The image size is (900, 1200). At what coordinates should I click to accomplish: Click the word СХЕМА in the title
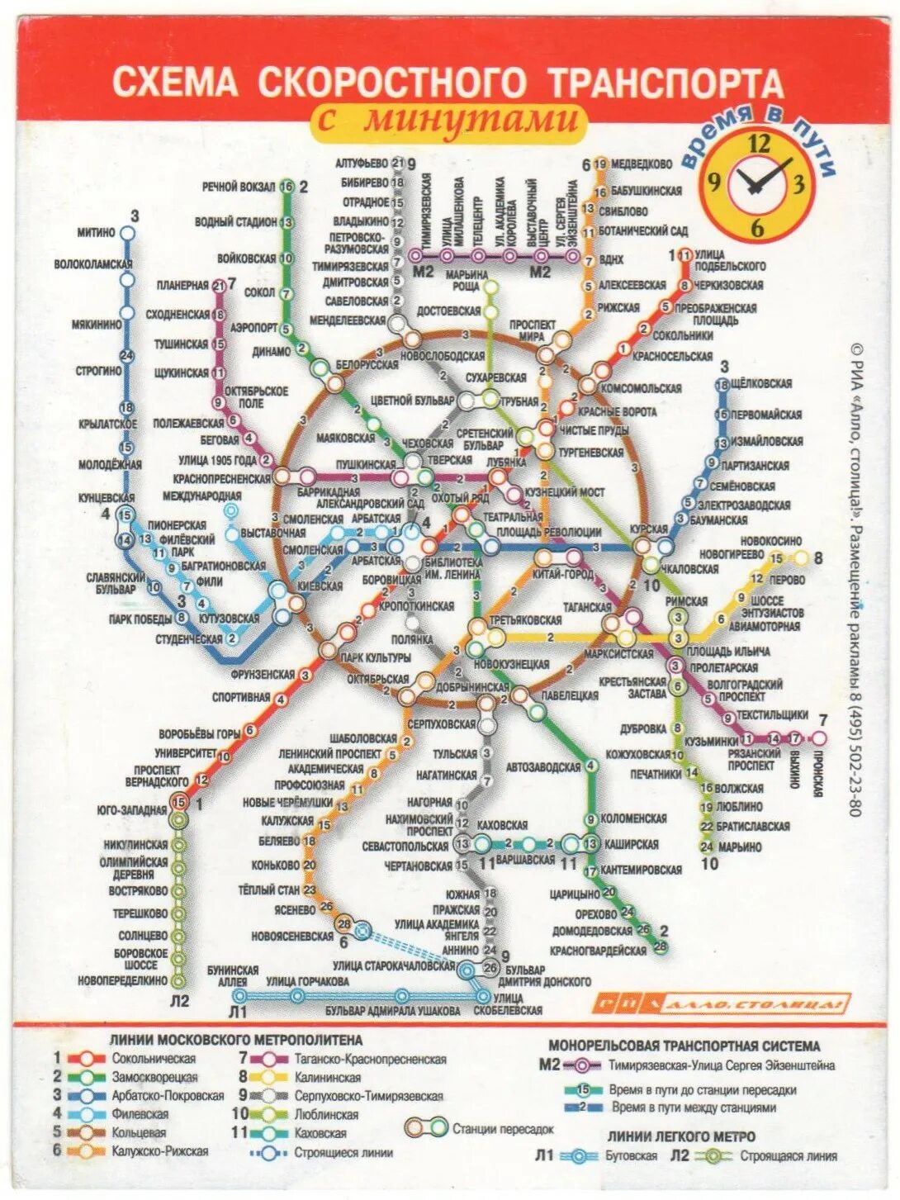[x=174, y=83]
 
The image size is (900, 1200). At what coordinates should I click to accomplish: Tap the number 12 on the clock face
[x=758, y=144]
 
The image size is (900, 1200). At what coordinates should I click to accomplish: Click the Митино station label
[x=96, y=232]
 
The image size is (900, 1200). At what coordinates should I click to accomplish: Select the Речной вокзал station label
[x=239, y=187]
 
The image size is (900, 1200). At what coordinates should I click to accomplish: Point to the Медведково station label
[x=642, y=164]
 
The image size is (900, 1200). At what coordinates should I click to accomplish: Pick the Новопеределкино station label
[x=123, y=980]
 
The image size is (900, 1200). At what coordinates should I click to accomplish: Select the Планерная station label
[x=182, y=285]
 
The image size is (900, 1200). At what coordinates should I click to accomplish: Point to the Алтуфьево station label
[x=362, y=163]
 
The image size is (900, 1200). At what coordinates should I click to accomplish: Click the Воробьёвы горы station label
[x=199, y=733]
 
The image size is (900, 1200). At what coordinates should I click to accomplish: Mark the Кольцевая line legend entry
[x=139, y=1132]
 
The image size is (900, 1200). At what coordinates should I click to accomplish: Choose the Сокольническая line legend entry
[x=154, y=1058]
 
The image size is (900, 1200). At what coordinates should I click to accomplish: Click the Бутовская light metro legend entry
[x=631, y=1155]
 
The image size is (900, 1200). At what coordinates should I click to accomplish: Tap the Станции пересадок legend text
[x=503, y=1128]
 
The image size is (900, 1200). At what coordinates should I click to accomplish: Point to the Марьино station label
[x=740, y=847]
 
